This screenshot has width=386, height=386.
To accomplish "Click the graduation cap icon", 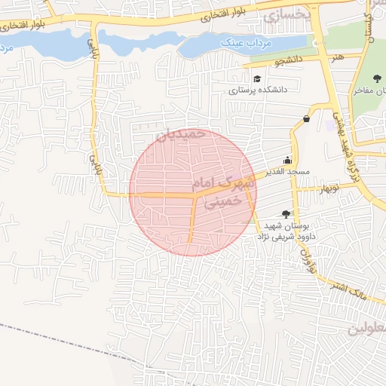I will pyautogui.click(x=258, y=78).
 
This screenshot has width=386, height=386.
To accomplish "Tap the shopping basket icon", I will pyautogui.click(x=307, y=118).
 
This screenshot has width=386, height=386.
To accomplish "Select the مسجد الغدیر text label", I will pyautogui.click(x=286, y=172).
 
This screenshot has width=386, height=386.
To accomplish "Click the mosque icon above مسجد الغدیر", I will pyautogui.click(x=287, y=161).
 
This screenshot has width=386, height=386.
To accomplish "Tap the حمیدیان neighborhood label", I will pyautogui.click(x=180, y=133).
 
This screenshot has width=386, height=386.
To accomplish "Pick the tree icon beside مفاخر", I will pyautogui.click(x=377, y=78).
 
